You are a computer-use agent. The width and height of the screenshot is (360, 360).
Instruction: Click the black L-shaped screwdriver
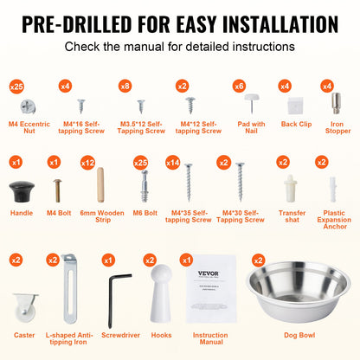click(118, 287)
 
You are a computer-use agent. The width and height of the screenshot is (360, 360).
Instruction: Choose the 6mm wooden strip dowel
click(99, 185)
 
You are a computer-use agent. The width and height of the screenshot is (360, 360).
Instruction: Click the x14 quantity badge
click(172, 162)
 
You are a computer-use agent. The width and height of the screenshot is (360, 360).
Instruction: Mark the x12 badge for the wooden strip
click(87, 162)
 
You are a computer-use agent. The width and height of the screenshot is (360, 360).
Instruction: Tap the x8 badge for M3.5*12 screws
click(125, 86)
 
